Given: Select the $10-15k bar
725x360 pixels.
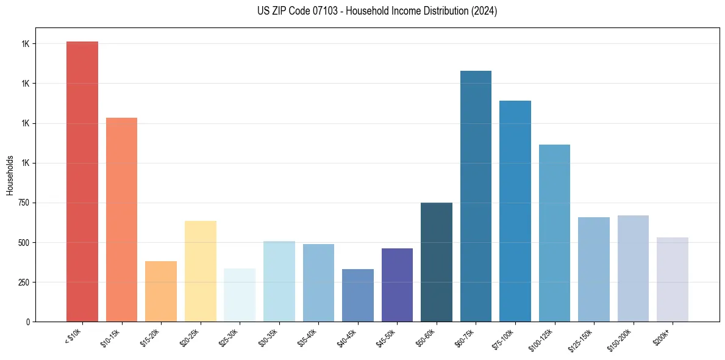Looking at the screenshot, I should [x=121, y=220].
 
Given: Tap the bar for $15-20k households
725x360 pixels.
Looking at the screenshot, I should [x=161, y=291].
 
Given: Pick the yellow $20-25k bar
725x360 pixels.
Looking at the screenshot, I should [x=200, y=271].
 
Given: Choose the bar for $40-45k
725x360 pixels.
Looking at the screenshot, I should [x=357, y=295].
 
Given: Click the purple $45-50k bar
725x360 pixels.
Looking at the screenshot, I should [x=397, y=285].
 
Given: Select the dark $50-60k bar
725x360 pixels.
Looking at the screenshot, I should [x=437, y=262].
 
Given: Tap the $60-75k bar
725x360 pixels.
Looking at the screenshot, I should [x=476, y=196].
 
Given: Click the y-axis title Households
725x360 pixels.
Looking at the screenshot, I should [x=10, y=175].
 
